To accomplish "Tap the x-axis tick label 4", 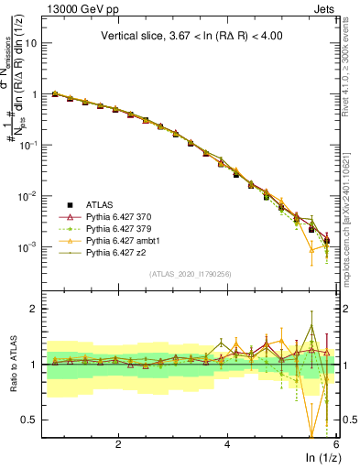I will click(227, 444).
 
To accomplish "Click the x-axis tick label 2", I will click(118, 444).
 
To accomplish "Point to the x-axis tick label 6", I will click(336, 444).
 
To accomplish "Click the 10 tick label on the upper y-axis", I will click(32, 43).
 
